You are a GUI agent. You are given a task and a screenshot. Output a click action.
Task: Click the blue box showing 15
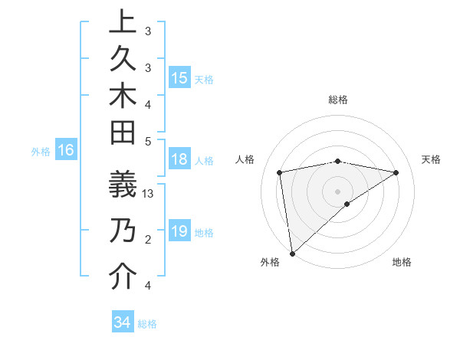(x=179, y=78)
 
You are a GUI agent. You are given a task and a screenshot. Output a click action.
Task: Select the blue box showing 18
(x=179, y=160)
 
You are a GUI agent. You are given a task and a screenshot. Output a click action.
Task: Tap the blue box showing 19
(x=179, y=231)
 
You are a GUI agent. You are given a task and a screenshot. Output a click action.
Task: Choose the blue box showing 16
(x=66, y=151)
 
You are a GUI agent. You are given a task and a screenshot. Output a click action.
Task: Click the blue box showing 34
(x=123, y=322)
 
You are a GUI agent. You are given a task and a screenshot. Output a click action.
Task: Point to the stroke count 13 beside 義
(x=148, y=194)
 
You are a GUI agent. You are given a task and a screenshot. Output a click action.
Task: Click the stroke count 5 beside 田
(x=148, y=141)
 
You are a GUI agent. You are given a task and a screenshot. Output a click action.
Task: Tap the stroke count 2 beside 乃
(x=148, y=240)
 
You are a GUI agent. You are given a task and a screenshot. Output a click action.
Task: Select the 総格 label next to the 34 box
(x=147, y=324)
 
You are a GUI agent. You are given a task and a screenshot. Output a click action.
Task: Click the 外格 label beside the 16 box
(x=41, y=152)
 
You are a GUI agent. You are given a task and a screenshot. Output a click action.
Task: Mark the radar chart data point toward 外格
(x=292, y=253)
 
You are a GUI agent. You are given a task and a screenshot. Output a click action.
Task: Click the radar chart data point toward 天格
(x=396, y=172)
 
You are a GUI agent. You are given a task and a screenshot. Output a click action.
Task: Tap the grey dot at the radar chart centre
(x=337, y=190)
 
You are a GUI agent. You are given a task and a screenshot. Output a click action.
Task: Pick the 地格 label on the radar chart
(x=402, y=262)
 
